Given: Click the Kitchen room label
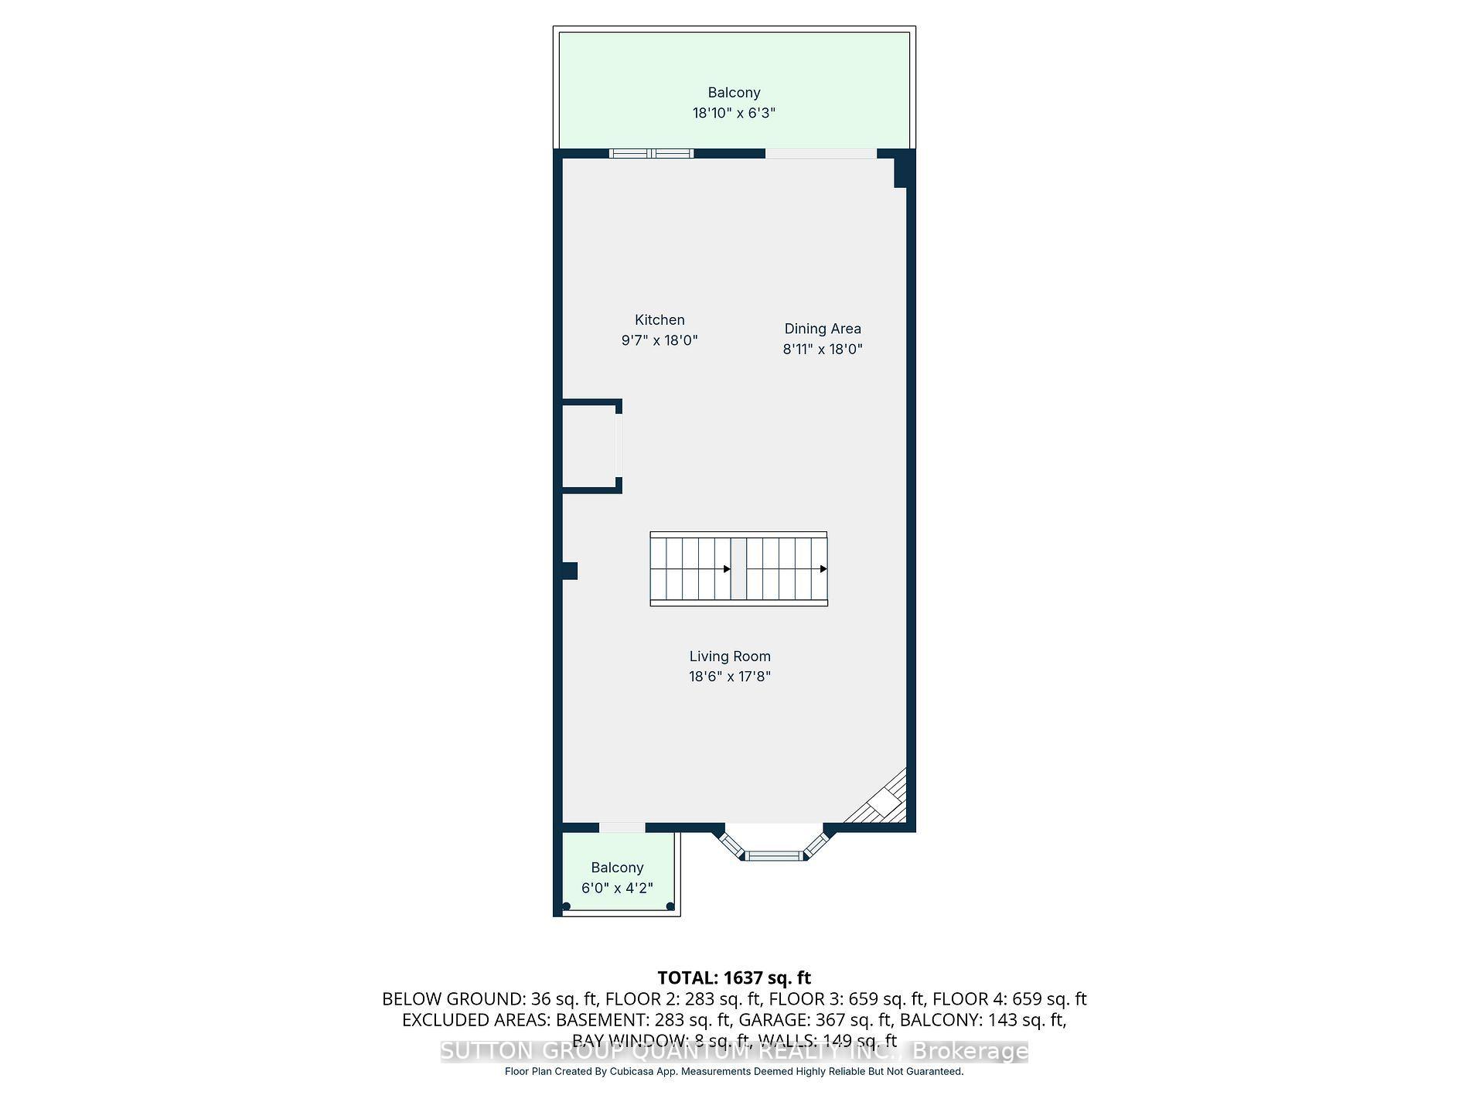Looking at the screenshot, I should coord(660,320).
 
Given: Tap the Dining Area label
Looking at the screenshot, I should coord(822,329).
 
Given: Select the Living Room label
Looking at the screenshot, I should coord(730,657).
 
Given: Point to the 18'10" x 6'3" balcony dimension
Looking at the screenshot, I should coord(734,113).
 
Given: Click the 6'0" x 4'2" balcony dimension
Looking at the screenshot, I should coord(617,888).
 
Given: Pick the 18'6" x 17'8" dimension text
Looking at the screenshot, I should coord(730,677).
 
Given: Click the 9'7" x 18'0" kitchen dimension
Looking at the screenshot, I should coord(660,340).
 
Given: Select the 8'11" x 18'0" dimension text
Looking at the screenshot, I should coord(822,349).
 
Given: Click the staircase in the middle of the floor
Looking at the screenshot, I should coord(738,569).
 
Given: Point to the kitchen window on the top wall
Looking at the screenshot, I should coord(651,153).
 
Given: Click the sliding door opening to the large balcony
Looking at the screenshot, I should coord(821,153).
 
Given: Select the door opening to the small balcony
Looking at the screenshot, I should coord(622,827).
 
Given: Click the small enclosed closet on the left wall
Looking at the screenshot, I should coord(589,446).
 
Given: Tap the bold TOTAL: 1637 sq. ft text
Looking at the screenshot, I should coord(734,978).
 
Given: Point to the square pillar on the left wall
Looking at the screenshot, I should coord(570,571).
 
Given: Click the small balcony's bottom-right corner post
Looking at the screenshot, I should coord(670,906).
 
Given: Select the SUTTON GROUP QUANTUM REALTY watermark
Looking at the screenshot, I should coord(734,1052).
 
